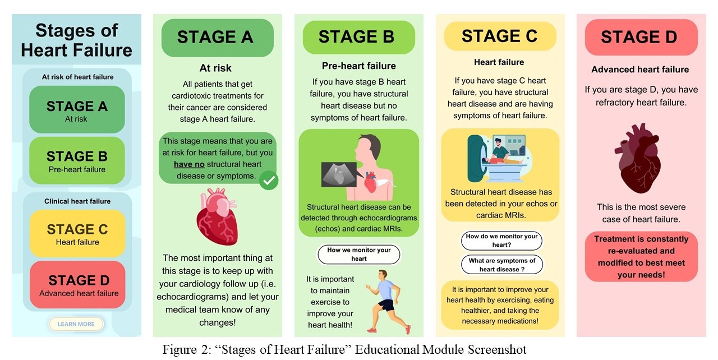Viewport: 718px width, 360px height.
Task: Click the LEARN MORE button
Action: coord(76,324)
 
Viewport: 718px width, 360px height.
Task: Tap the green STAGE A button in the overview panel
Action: coord(77,109)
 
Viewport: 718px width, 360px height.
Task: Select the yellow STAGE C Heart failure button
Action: coord(77,233)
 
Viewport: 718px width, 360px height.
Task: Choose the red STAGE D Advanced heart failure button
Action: coord(77,285)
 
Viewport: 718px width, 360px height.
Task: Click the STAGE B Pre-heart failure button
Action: coord(77,160)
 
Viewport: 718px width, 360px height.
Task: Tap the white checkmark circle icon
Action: coord(269,181)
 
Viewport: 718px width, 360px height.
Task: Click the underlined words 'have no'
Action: coord(189,164)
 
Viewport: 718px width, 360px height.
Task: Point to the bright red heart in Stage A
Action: coord(217,217)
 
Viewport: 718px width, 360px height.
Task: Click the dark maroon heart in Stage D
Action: coord(638,159)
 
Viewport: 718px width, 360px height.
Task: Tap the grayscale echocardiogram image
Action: coord(339,174)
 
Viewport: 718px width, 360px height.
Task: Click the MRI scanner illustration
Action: coord(498,158)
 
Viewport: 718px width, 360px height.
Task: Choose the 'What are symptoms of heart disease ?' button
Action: coord(502,265)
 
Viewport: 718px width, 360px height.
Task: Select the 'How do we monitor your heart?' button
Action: coord(501,241)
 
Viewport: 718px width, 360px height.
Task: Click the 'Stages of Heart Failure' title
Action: coord(77,40)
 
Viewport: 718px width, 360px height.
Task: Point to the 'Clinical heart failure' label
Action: coord(77,201)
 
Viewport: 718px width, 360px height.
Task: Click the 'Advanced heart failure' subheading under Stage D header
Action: coord(640,70)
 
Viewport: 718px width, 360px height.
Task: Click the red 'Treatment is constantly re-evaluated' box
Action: coord(641,257)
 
